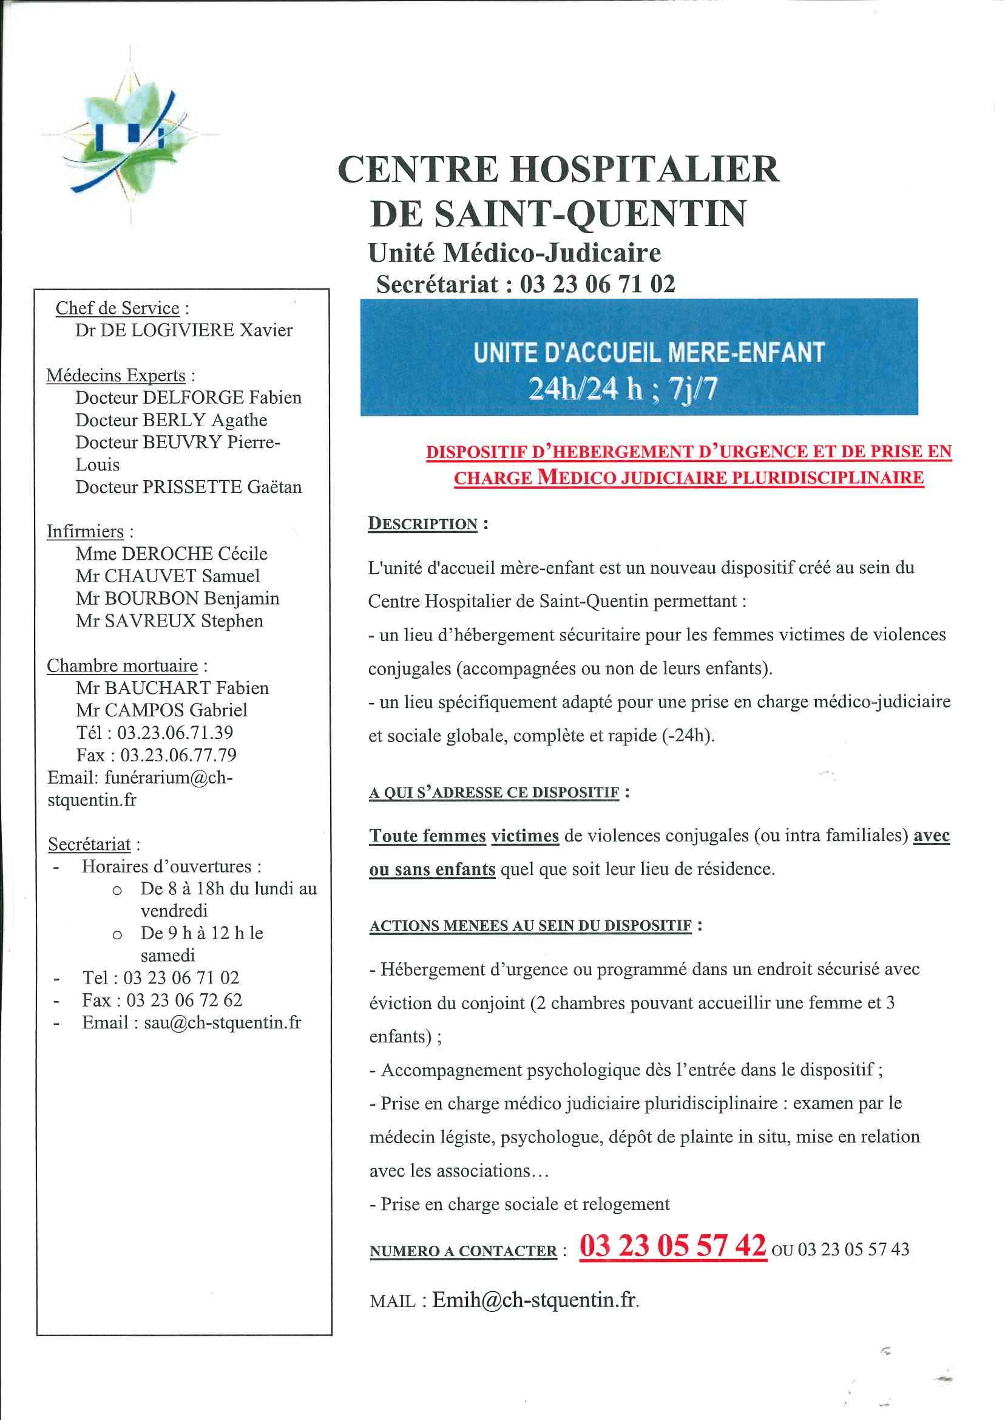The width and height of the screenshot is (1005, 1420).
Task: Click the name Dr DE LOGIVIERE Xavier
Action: pyautogui.click(x=184, y=330)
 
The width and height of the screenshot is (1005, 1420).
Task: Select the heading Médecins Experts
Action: pyautogui.click(x=116, y=376)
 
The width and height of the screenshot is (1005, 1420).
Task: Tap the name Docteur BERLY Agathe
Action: pyautogui.click(x=171, y=420)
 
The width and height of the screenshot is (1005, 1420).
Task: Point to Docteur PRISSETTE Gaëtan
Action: pyautogui.click(x=189, y=487)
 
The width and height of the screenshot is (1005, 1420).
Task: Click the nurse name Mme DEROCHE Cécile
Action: pyautogui.click(x=171, y=554)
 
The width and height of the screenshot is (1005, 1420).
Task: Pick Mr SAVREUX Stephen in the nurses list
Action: pyautogui.click(x=169, y=621)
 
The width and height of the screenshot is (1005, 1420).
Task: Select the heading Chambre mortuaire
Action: pyautogui.click(x=123, y=666)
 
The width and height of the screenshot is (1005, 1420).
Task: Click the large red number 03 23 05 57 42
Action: pyautogui.click(x=672, y=1246)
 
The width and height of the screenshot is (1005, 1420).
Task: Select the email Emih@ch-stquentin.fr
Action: pyautogui.click(x=535, y=1300)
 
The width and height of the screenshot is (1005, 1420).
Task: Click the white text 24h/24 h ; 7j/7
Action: pyautogui.click(x=623, y=389)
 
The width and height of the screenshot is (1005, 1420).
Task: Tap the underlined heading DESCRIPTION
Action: pyautogui.click(x=422, y=524)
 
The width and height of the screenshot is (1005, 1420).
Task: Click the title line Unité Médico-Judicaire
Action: pyautogui.click(x=514, y=253)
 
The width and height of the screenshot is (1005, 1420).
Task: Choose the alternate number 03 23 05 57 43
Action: pyautogui.click(x=853, y=1250)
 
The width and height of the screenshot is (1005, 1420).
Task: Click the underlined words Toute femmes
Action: pyautogui.click(x=428, y=837)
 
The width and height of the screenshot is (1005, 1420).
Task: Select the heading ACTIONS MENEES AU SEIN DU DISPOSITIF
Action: pyautogui.click(x=530, y=926)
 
